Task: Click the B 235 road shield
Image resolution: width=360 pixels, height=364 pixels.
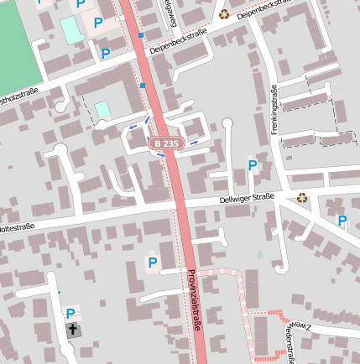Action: click(x=166, y=144)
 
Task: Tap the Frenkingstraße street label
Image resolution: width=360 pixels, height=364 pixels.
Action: click(x=274, y=110)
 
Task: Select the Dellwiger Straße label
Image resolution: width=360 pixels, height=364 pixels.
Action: click(x=247, y=199)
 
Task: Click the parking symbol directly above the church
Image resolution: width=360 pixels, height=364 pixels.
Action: click(x=70, y=314)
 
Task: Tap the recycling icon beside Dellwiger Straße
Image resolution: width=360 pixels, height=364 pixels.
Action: click(x=302, y=197)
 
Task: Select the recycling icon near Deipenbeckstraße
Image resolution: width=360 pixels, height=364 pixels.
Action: click(x=224, y=13)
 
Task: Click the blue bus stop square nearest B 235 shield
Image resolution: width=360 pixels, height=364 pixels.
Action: click(x=143, y=86)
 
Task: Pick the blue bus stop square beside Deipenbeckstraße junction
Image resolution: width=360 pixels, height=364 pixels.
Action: click(x=141, y=35)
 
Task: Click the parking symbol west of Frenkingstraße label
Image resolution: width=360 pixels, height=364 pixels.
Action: click(x=252, y=165)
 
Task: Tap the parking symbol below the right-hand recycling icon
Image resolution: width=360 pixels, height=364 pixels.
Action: click(x=342, y=221)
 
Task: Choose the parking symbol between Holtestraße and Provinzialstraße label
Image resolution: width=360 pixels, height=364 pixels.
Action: click(x=152, y=263)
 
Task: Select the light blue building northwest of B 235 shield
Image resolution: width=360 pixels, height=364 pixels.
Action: click(x=102, y=109)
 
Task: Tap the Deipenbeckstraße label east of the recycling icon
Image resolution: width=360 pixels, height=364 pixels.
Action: click(x=269, y=10)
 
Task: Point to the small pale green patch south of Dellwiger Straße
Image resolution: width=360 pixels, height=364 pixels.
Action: click(x=259, y=254)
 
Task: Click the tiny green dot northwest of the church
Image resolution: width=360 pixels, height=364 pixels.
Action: click(x=60, y=292)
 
